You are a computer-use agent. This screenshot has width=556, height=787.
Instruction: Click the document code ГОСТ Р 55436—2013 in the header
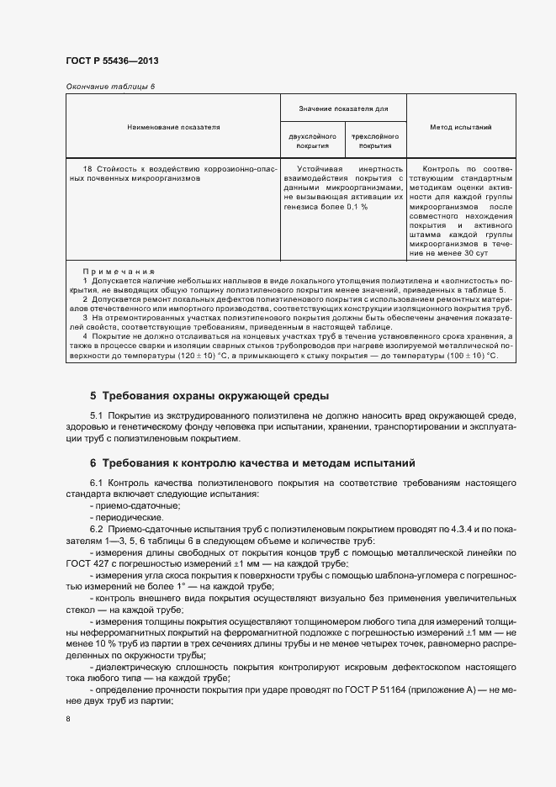(112, 61)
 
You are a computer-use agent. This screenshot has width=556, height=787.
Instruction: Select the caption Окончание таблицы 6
(110, 87)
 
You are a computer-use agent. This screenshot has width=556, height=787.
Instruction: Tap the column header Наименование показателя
(173, 127)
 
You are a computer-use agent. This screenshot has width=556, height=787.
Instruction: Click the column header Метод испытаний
(460, 127)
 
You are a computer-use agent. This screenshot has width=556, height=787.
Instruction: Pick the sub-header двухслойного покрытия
(312, 140)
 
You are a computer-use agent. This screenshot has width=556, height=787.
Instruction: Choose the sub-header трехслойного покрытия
(374, 140)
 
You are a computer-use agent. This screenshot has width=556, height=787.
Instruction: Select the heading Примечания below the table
(119, 272)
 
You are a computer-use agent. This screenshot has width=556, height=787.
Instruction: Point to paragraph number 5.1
(96, 416)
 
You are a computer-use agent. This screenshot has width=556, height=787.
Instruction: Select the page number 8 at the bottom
(68, 719)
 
